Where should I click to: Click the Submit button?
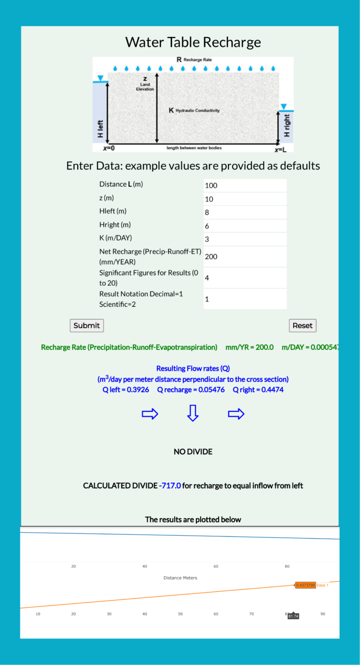coord(87,326)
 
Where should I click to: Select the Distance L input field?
coord(245,185)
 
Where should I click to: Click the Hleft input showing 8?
coord(245,212)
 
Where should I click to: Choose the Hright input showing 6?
coord(245,226)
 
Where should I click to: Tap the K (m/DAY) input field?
coord(245,239)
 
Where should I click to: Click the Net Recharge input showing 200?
coord(245,256)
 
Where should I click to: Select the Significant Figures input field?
coord(245,278)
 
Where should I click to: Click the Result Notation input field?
coord(245,299)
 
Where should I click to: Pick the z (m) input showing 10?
coord(245,199)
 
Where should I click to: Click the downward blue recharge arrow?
coord(193,413)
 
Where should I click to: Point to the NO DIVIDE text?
coord(193,452)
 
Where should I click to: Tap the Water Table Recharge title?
coord(193,42)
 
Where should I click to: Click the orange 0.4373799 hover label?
coord(305,585)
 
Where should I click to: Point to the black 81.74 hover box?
coord(293,616)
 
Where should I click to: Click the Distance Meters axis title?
coord(180,578)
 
